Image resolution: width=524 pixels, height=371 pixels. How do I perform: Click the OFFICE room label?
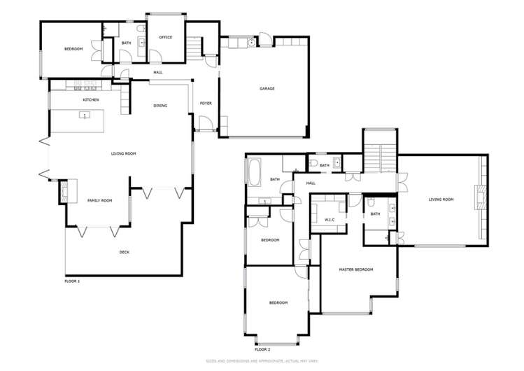pos(165,37)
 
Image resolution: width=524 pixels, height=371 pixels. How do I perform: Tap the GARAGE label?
pos(267,89)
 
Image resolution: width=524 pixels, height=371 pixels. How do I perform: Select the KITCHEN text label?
pos(91,100)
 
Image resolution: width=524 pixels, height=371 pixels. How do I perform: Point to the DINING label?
pos(160,106)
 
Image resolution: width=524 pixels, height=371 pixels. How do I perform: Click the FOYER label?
pos(206,104)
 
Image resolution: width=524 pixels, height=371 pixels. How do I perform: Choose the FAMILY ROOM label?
pos(99,201)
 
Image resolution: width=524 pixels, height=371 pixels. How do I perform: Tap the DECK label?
pos(125,252)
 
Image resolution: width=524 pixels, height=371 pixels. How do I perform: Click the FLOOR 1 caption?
pos(72,281)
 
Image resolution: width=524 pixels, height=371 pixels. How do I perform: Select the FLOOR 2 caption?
pos(262,349)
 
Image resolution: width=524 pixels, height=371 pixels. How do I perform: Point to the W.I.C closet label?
pos(330,220)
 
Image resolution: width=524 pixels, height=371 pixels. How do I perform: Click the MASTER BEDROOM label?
pos(356,269)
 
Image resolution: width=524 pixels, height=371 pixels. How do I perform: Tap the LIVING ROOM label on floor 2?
pos(441,199)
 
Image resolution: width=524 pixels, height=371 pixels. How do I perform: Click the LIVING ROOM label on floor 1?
pos(123,153)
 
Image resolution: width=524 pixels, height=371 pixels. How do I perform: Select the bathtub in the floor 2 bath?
pos(253,171)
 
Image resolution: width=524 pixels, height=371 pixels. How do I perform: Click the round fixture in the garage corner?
pos(251,43)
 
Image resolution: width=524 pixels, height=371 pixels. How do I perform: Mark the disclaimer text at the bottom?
pos(262,361)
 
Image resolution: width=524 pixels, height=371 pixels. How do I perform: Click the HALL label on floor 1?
pos(158,72)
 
